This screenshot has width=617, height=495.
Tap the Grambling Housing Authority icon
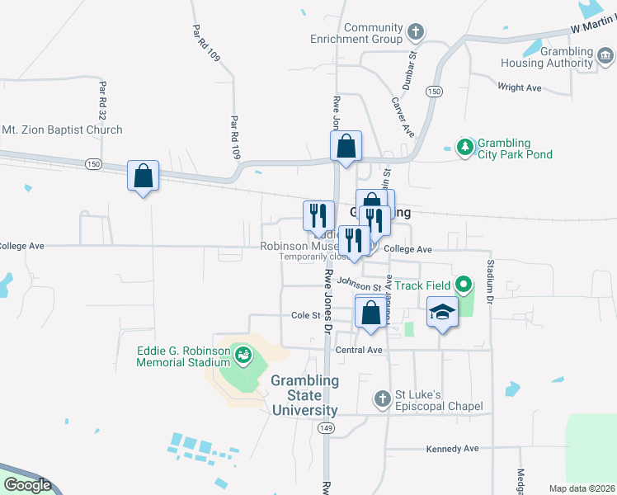pyautogui.click(x=605, y=55)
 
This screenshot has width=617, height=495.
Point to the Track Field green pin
pyautogui.click(x=464, y=285)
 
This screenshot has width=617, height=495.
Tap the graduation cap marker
pyautogui.click(x=442, y=313)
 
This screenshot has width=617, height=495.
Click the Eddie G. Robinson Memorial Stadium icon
pyautogui.click(x=243, y=356)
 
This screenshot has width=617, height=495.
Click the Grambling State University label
pyautogui.click(x=304, y=395)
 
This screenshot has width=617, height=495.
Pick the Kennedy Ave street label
pyautogui.click(x=452, y=449)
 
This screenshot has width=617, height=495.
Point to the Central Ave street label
pyautogui.click(x=360, y=350)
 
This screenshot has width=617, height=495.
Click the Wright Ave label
pyautogui.click(x=520, y=87)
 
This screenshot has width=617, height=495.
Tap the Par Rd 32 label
pyautogui.click(x=102, y=97)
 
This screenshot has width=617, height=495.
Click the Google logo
pyautogui.click(x=27, y=485)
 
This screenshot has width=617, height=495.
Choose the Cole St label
pyautogui.click(x=305, y=315)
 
